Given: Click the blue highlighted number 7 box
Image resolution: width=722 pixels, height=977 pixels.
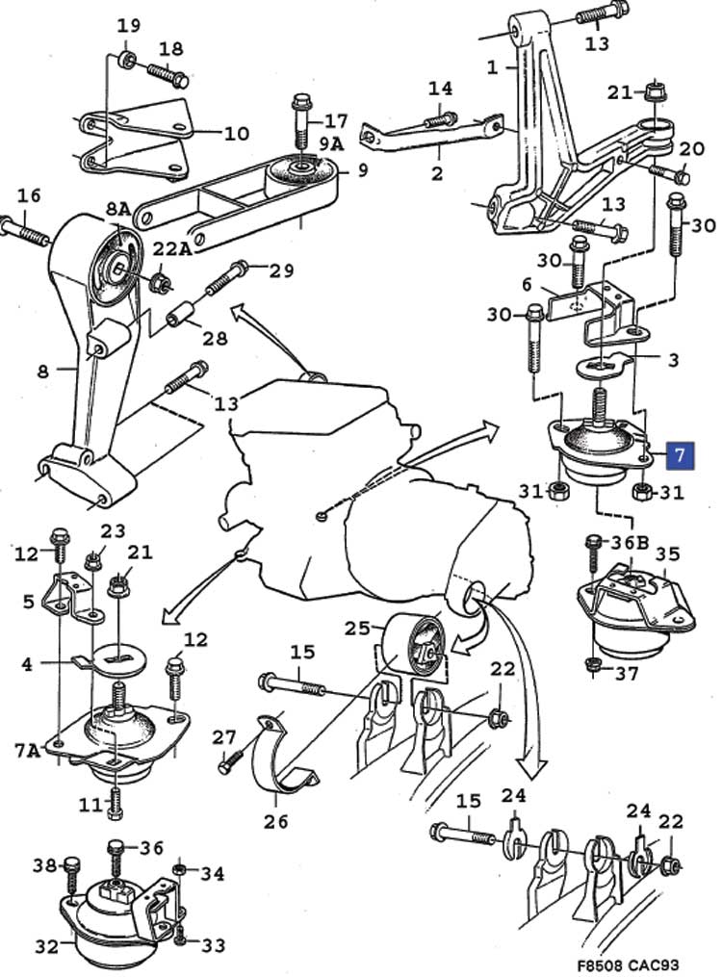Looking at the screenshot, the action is (x=680, y=455).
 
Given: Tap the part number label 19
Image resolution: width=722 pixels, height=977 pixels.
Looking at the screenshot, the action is (x=128, y=26).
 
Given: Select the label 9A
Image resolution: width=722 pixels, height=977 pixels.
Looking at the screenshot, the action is (x=331, y=144).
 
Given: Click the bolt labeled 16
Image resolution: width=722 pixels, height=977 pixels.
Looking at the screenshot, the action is (x=24, y=231).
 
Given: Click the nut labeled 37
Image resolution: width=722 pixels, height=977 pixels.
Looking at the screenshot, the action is (x=595, y=664).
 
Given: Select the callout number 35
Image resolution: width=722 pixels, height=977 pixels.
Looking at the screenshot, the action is (x=667, y=553).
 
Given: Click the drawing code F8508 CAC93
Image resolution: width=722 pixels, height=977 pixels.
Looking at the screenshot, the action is (x=628, y=964).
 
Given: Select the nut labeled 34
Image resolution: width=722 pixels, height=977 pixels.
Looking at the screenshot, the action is (x=178, y=870).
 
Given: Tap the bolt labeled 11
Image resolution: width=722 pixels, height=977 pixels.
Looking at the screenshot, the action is (x=115, y=802).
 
